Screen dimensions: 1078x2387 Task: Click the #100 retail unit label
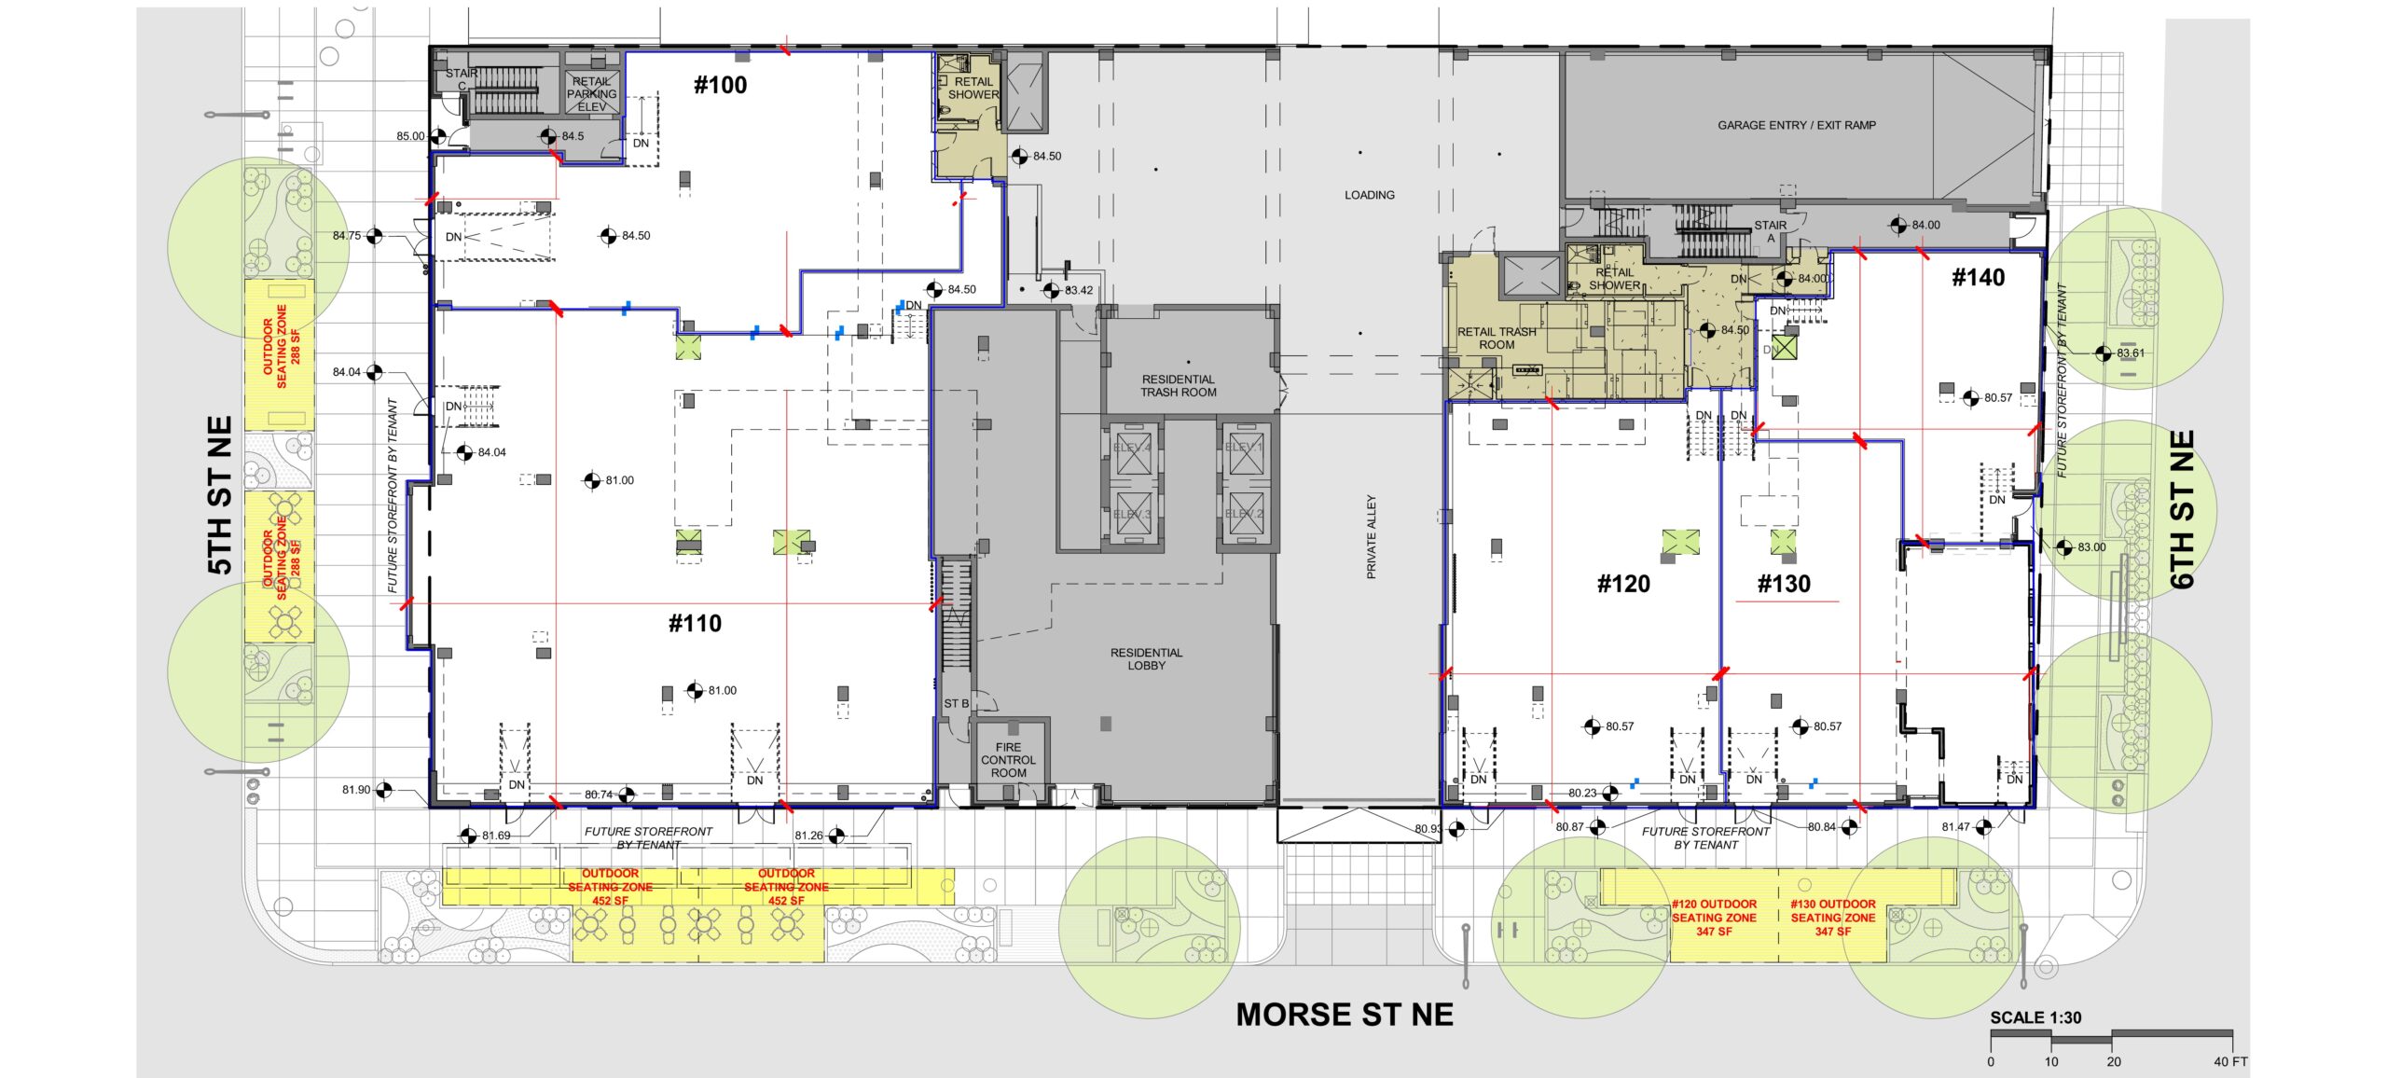tap(720, 85)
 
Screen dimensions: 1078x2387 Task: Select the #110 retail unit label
tap(695, 623)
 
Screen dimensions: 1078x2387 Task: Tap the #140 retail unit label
tap(1978, 277)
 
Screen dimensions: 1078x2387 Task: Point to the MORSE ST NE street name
tap(1344, 1015)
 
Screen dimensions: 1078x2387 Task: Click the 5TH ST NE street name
tap(219, 495)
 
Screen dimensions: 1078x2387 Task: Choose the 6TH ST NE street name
tap(2183, 509)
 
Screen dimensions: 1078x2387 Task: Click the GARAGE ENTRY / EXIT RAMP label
tap(1796, 125)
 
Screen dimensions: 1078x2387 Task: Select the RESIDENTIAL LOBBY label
tap(1146, 658)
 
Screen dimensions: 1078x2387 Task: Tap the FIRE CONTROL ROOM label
tap(1008, 760)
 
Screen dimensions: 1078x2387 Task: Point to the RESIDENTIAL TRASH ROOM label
tap(1178, 385)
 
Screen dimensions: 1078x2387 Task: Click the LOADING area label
tap(1369, 195)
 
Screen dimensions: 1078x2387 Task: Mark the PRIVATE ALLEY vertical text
tap(1371, 536)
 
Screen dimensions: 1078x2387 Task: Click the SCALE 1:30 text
tap(2035, 1017)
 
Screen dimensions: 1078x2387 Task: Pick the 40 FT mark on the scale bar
tap(2230, 1061)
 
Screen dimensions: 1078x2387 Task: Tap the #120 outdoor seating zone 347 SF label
tap(1713, 918)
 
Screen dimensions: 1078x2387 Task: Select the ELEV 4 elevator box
tap(1133, 449)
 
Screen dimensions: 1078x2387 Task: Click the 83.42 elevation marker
tap(1052, 290)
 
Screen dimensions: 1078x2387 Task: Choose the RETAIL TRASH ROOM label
tap(1496, 338)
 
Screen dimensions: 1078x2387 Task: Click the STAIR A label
tap(1770, 230)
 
